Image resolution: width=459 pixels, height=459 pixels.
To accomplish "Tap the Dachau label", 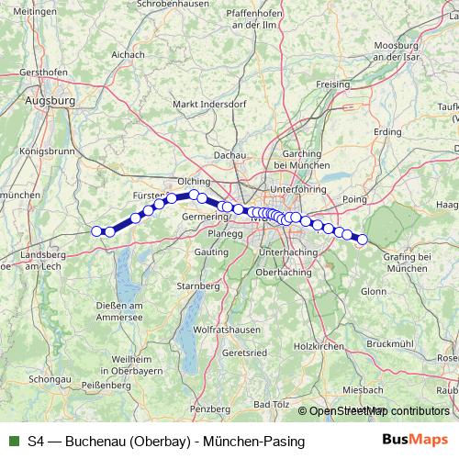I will click(x=229, y=157).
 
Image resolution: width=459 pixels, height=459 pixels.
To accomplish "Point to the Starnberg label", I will click(x=198, y=285).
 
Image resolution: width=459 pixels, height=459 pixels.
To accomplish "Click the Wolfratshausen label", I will click(x=222, y=328).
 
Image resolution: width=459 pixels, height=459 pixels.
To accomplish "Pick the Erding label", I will click(x=387, y=132).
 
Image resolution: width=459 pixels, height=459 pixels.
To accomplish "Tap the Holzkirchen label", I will click(x=318, y=346).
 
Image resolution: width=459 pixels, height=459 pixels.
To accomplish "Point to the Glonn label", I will click(x=374, y=291).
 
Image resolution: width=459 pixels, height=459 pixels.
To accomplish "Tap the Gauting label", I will click(x=212, y=251).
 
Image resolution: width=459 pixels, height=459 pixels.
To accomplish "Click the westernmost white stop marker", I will click(x=96, y=230).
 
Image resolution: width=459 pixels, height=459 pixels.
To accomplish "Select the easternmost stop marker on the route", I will click(x=362, y=240).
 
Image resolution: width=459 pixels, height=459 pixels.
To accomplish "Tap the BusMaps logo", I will click(x=416, y=441).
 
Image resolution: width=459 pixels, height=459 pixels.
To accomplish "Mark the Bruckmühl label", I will click(x=390, y=342).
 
